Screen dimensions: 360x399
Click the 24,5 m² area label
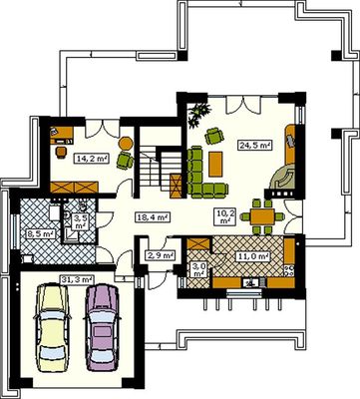pyautogui.click(x=254, y=145)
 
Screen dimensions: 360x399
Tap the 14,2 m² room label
pyautogui.click(x=92, y=159)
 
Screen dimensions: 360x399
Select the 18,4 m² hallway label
pyautogui.click(x=153, y=217)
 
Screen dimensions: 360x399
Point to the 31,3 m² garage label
pyautogui.click(x=77, y=279)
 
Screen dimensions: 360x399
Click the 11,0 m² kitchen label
pyautogui.click(x=252, y=256)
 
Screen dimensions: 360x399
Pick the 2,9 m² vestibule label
pyautogui.click(x=161, y=255)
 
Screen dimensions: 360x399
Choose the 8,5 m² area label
pyautogui.click(x=40, y=234)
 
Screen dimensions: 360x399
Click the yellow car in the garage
pyautogui.click(x=53, y=328)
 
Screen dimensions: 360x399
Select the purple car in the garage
pyautogui.click(x=102, y=327)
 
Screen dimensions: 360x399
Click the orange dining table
pyautogui.click(x=262, y=216)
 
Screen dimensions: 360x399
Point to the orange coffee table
pyautogui.click(x=215, y=164)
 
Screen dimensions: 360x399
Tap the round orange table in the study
pyautogui.click(x=126, y=144)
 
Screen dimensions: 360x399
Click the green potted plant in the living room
pyautogui.click(x=198, y=115)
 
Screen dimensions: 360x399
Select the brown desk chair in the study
pyautogui.click(x=61, y=152)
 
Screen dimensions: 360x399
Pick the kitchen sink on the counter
pyautogui.click(x=251, y=283)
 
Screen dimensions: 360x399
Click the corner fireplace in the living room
pyautogui.click(x=283, y=178)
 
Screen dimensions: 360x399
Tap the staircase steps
pyautogui.click(x=150, y=170)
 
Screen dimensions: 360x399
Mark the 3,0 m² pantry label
pyautogui.click(x=199, y=269)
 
